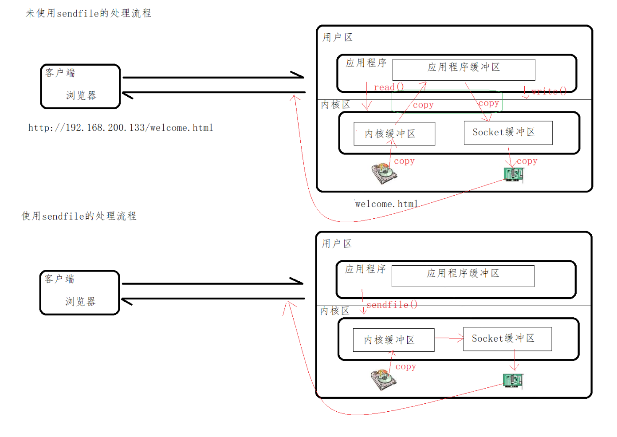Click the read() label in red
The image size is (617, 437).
click(389, 87)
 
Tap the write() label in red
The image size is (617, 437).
click(549, 91)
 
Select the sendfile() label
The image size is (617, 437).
click(392, 305)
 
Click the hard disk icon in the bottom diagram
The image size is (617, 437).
click(383, 380)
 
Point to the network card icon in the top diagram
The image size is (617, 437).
click(514, 174)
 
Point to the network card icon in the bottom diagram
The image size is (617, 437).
click(513, 381)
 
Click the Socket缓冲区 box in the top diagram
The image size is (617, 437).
click(508, 133)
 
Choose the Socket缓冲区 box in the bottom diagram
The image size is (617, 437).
click(507, 339)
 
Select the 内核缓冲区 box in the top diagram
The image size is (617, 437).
click(394, 134)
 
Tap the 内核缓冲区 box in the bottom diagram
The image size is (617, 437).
click(393, 340)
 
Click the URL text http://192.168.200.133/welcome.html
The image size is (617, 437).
click(121, 128)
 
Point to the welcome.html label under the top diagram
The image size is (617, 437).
click(386, 204)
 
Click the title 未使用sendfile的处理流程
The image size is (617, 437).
click(88, 13)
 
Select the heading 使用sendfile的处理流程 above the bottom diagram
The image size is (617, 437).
click(79, 216)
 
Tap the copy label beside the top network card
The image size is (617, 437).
click(527, 161)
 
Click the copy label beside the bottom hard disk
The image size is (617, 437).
click(405, 366)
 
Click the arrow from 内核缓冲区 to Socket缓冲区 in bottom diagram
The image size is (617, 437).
click(449, 338)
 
